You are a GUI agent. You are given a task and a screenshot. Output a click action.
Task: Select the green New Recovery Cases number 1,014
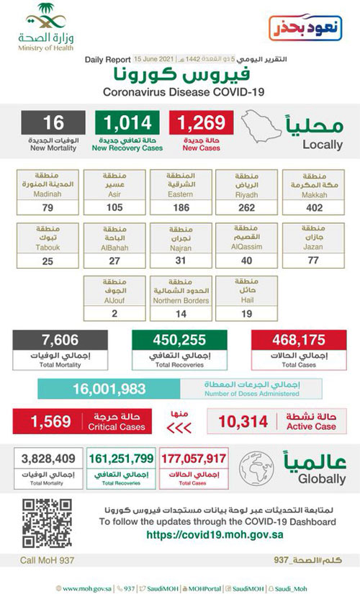click(x=127, y=123)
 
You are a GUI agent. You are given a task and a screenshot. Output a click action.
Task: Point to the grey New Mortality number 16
click(x=54, y=123)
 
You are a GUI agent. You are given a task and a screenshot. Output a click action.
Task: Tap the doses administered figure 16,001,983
click(x=109, y=389)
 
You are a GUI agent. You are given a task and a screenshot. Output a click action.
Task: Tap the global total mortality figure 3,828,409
click(x=48, y=458)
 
